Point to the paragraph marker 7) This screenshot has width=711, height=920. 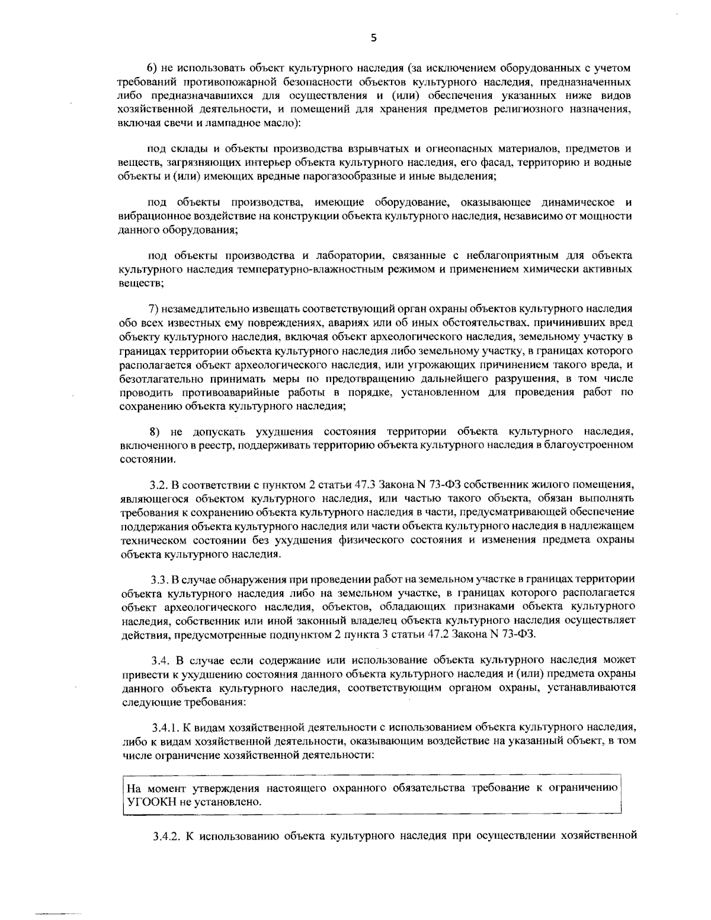click(x=153, y=309)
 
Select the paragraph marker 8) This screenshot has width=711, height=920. click(x=153, y=429)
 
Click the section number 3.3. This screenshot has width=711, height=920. click(x=159, y=579)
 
